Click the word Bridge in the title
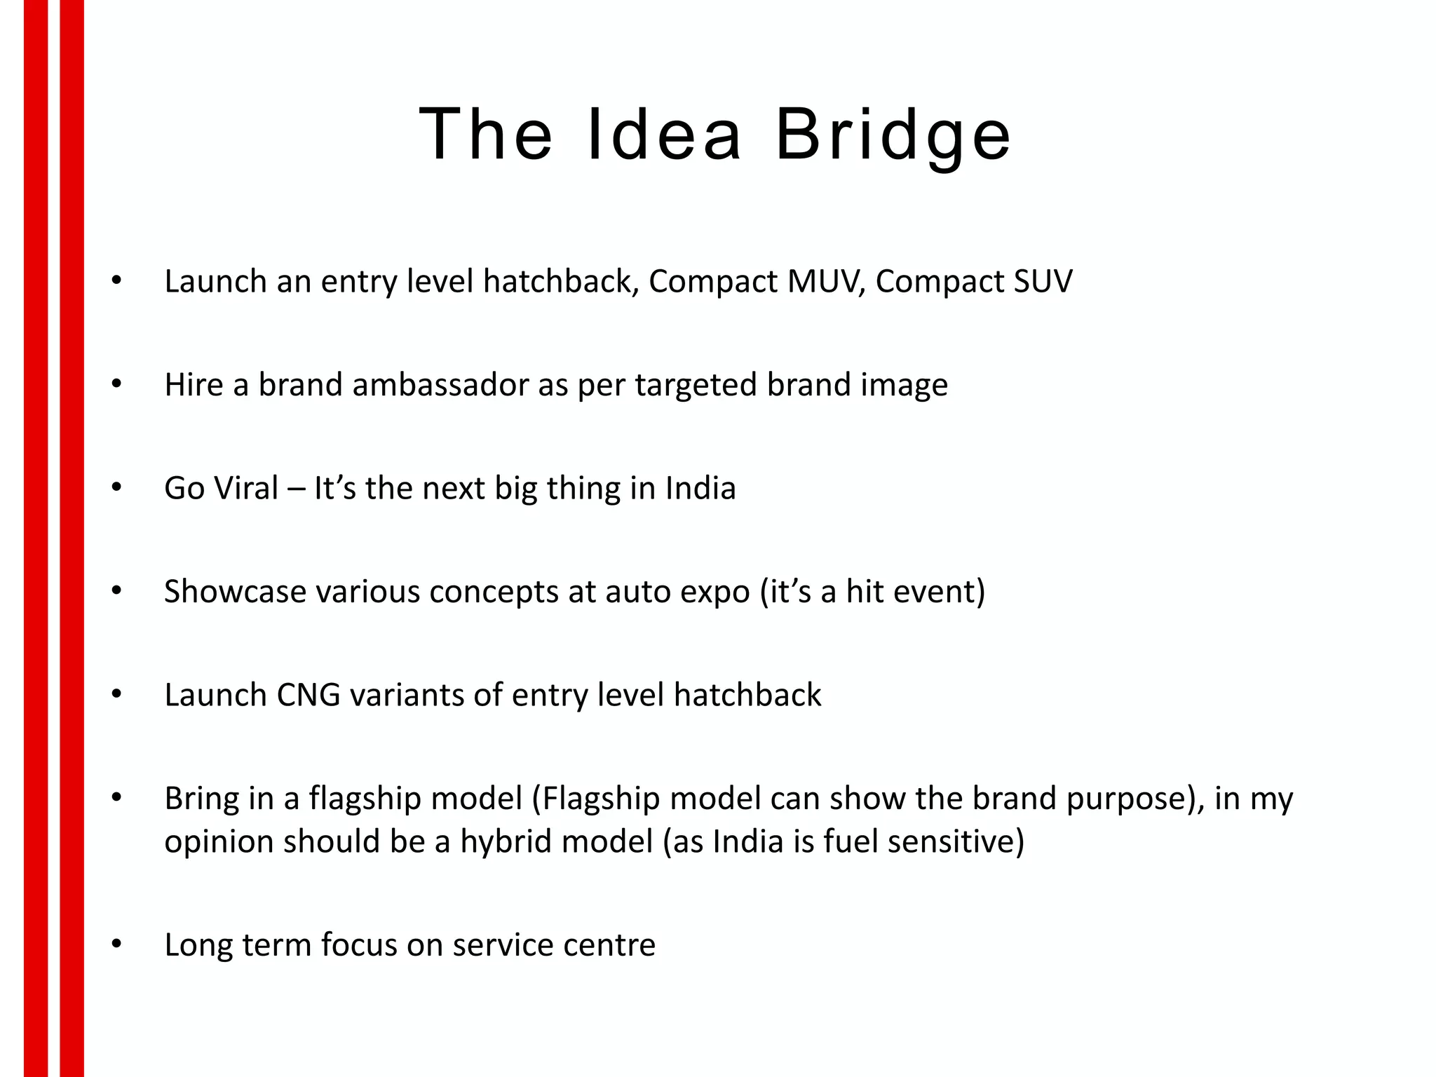[x=893, y=135]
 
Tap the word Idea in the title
[x=663, y=135]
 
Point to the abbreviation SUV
[x=1043, y=282]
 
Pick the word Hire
[x=194, y=385]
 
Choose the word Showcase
[x=235, y=592]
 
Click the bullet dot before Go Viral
[x=116, y=488]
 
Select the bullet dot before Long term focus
[x=116, y=944]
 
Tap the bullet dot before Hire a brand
[x=116, y=384]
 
